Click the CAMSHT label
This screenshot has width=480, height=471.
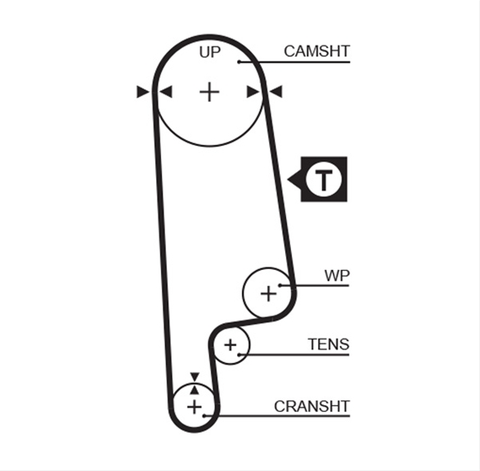[x=316, y=52]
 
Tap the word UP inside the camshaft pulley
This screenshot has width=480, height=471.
[x=210, y=52]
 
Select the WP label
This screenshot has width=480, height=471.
[x=337, y=276]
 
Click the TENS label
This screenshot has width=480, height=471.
[x=328, y=344]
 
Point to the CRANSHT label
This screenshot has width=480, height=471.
[x=312, y=406]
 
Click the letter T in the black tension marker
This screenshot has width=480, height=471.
[x=323, y=179]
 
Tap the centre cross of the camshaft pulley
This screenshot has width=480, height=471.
[x=209, y=91]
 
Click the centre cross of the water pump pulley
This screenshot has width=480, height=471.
[x=268, y=294]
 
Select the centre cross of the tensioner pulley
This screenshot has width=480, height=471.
[x=230, y=345]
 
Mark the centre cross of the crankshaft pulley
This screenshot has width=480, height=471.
[x=194, y=407]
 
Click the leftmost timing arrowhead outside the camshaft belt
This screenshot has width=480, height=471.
[x=143, y=91]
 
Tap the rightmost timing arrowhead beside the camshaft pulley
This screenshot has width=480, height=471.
[x=276, y=91]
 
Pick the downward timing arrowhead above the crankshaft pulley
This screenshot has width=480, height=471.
[x=195, y=376]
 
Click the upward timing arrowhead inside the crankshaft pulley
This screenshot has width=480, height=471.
[x=195, y=390]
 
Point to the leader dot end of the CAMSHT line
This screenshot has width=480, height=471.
[x=239, y=62]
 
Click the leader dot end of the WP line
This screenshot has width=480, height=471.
[x=280, y=286]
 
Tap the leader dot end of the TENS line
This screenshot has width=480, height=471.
[x=239, y=355]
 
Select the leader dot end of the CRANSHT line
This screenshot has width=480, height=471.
[x=204, y=416]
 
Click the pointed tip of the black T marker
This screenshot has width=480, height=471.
[x=287, y=179]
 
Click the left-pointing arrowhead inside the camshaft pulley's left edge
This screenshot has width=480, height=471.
[x=166, y=91]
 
